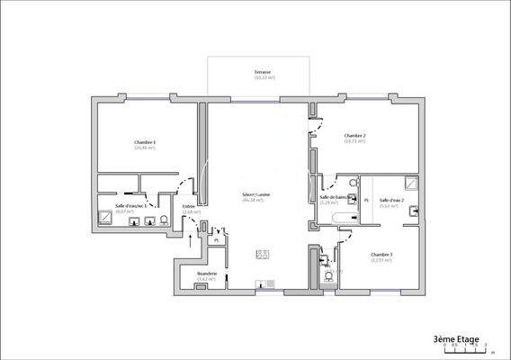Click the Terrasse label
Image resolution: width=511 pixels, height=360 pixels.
pos(264,72)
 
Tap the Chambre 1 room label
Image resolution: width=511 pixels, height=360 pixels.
pos(145,143)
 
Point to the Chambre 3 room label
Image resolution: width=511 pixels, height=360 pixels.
pos(381,256)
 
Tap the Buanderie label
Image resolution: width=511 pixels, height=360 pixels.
pos(207,274)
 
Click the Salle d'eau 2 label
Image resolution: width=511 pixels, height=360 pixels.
pos(391,201)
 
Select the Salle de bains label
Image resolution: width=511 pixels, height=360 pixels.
pos(334,198)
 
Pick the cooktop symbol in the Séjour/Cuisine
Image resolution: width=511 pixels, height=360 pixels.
pos(263,254)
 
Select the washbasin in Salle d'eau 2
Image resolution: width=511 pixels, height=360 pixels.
pos(415,212)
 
